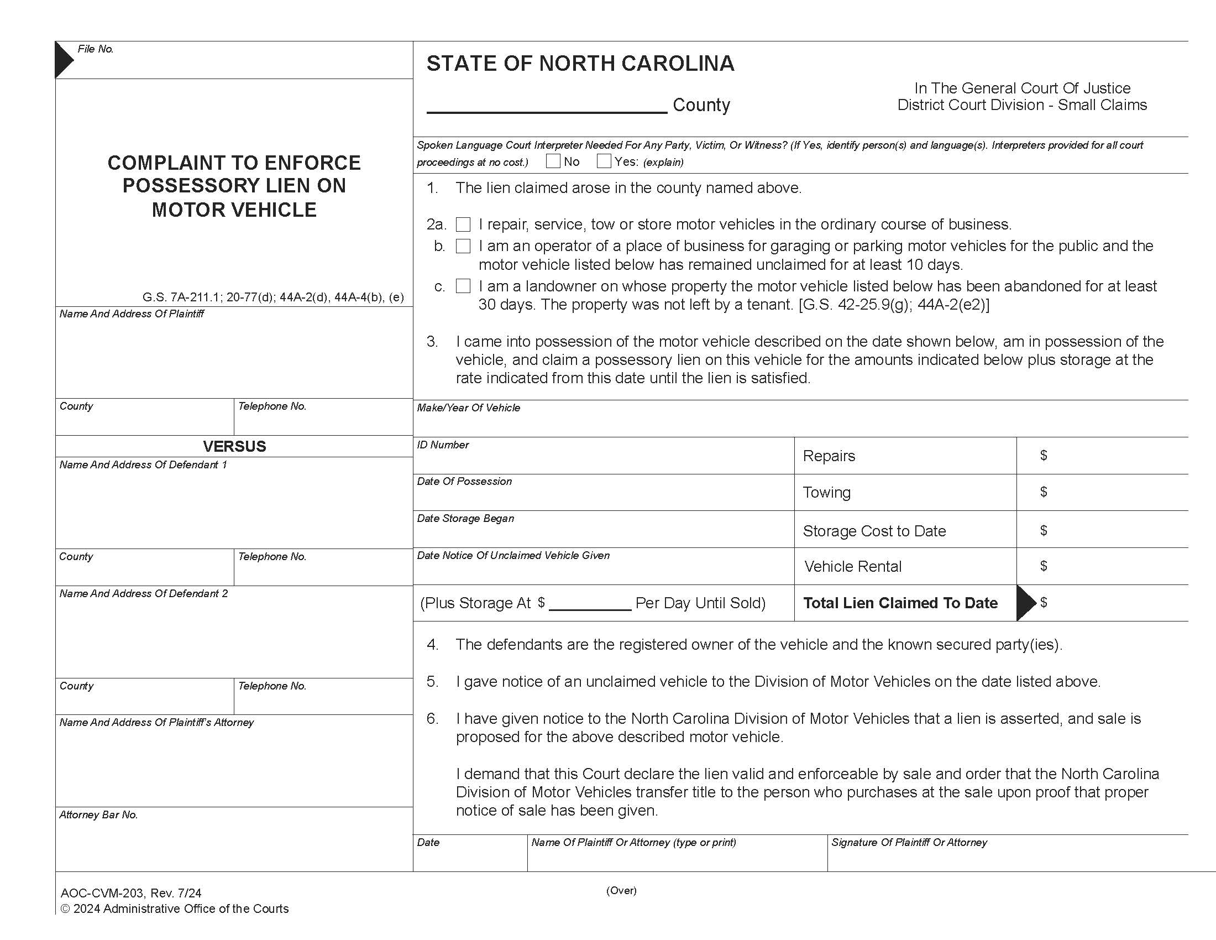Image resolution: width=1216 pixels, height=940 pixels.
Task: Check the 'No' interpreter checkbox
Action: (x=553, y=161)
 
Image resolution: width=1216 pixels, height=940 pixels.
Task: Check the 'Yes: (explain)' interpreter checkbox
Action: (x=604, y=161)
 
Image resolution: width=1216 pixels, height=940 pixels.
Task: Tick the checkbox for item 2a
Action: (x=463, y=224)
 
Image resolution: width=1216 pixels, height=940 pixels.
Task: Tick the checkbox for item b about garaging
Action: (x=463, y=246)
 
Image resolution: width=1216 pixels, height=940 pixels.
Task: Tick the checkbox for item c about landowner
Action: (x=463, y=286)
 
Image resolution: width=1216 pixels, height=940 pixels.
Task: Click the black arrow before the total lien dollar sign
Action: (x=1025, y=603)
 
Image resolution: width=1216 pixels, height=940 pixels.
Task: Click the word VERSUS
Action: (x=234, y=447)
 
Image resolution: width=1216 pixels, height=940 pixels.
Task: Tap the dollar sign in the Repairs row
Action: (x=1044, y=456)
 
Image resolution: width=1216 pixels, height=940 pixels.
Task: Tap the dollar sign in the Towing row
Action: (x=1044, y=492)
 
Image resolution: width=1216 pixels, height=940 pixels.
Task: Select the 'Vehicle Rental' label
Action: (x=852, y=566)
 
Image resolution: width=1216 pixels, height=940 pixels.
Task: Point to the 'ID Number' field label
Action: (x=443, y=445)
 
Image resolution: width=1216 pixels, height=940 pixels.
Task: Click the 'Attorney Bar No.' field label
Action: (x=98, y=815)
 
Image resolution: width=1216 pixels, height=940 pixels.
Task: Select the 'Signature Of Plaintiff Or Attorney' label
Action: (x=909, y=843)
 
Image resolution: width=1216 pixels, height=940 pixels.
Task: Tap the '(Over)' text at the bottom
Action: (x=621, y=890)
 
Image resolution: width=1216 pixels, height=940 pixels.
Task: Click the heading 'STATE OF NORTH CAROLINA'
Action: (x=580, y=64)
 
